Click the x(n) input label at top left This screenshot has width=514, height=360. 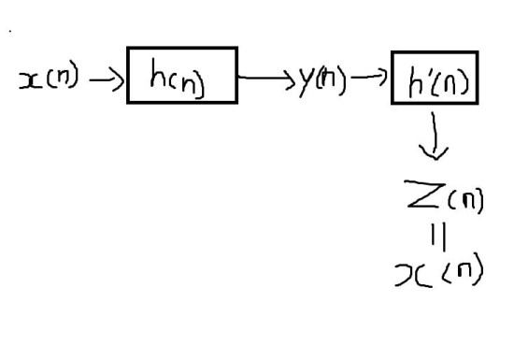point(48,82)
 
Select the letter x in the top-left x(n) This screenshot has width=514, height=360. point(27,82)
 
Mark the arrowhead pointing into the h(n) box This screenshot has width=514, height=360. point(118,81)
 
